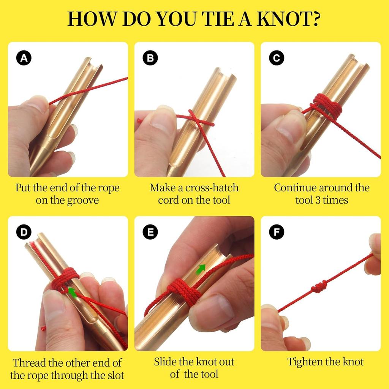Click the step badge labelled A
pyautogui.click(x=24, y=58)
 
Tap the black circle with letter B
pyautogui.click(x=150, y=58)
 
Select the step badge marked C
pyautogui.click(x=277, y=58)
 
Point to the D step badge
pyautogui.click(x=24, y=232)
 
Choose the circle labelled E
pyautogui.click(x=150, y=232)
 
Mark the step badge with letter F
pyautogui.click(x=277, y=232)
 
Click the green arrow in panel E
pyautogui.click(x=201, y=269)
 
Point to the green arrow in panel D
pyautogui.click(x=73, y=292)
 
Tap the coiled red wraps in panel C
pyautogui.click(x=327, y=107)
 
